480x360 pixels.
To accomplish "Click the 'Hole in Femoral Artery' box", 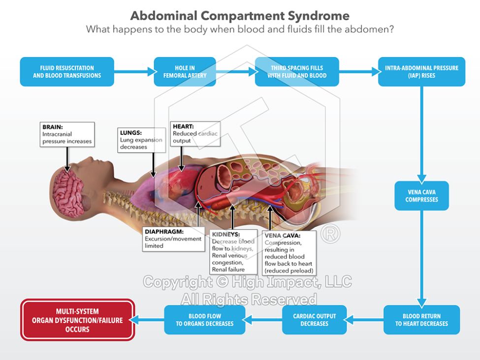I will [x=185, y=72].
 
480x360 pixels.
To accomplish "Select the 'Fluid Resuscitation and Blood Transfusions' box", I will [x=67, y=72].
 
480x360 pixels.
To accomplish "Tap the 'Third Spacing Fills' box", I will [x=297, y=72].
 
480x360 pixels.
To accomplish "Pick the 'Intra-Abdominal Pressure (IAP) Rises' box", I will [x=421, y=72].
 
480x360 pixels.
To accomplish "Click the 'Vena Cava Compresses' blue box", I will [x=421, y=196].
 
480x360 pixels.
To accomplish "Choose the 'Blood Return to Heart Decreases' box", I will [x=421, y=320].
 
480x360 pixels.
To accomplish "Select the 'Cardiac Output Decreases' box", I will [x=314, y=320].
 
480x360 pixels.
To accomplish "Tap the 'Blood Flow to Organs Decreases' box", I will [x=205, y=320].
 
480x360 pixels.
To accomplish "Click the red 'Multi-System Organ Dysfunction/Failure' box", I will [x=77, y=320].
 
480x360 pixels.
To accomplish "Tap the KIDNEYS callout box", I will [x=233, y=251].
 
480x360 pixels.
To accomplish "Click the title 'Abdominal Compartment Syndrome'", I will [x=240, y=16].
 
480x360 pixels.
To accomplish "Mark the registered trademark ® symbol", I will [x=330, y=234].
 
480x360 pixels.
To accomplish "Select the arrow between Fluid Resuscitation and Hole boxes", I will [x=133, y=72].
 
